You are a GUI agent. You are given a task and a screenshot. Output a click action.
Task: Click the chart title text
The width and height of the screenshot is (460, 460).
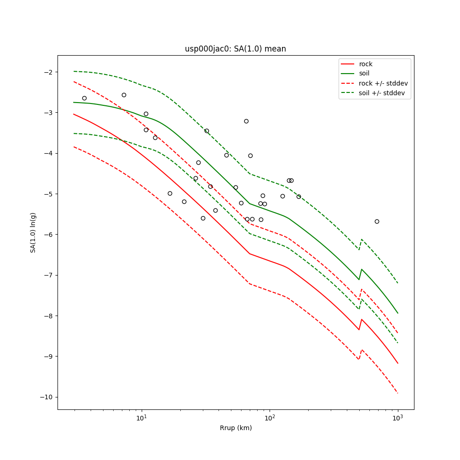[x=236, y=49]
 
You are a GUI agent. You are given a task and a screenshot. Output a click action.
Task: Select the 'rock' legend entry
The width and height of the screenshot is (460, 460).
[x=366, y=64]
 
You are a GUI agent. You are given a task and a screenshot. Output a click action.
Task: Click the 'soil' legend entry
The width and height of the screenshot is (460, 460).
[x=364, y=74]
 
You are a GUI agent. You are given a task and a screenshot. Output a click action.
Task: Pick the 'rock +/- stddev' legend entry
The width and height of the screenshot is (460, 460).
[x=383, y=83]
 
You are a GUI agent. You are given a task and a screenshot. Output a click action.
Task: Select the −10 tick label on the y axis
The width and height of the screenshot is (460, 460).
[x=46, y=397]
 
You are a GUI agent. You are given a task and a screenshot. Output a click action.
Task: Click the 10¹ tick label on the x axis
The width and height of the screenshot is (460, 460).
[x=142, y=418]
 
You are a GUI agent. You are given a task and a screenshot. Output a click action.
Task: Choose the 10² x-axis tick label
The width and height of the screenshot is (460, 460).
[x=270, y=418]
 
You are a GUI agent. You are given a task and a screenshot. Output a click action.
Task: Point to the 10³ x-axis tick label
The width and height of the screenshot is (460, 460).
[x=397, y=418]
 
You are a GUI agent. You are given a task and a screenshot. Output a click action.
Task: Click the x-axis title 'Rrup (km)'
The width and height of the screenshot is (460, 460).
[x=236, y=428]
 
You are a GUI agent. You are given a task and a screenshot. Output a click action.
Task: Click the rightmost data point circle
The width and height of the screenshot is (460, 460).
[x=377, y=221]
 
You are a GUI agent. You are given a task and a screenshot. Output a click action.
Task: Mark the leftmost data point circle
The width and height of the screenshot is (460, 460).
[x=84, y=98]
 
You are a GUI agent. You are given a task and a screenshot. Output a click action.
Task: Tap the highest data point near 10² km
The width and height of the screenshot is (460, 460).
[x=246, y=121]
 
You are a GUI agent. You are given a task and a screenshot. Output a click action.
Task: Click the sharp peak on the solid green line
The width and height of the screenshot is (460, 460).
[x=362, y=270]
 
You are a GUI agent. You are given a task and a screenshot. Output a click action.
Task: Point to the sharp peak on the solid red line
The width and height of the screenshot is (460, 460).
[x=362, y=319]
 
